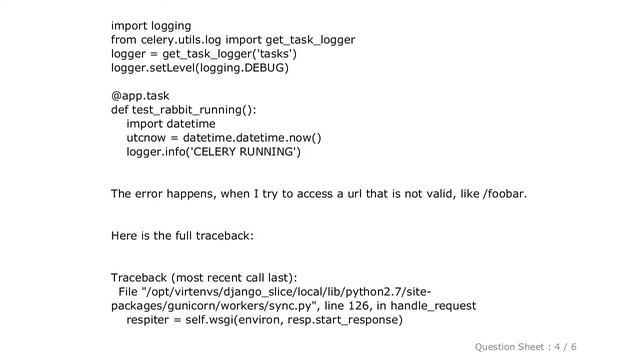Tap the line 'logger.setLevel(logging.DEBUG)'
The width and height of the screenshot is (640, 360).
tap(200, 68)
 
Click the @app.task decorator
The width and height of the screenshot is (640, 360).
tap(141, 96)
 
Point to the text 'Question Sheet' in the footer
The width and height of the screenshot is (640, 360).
tap(509, 346)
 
